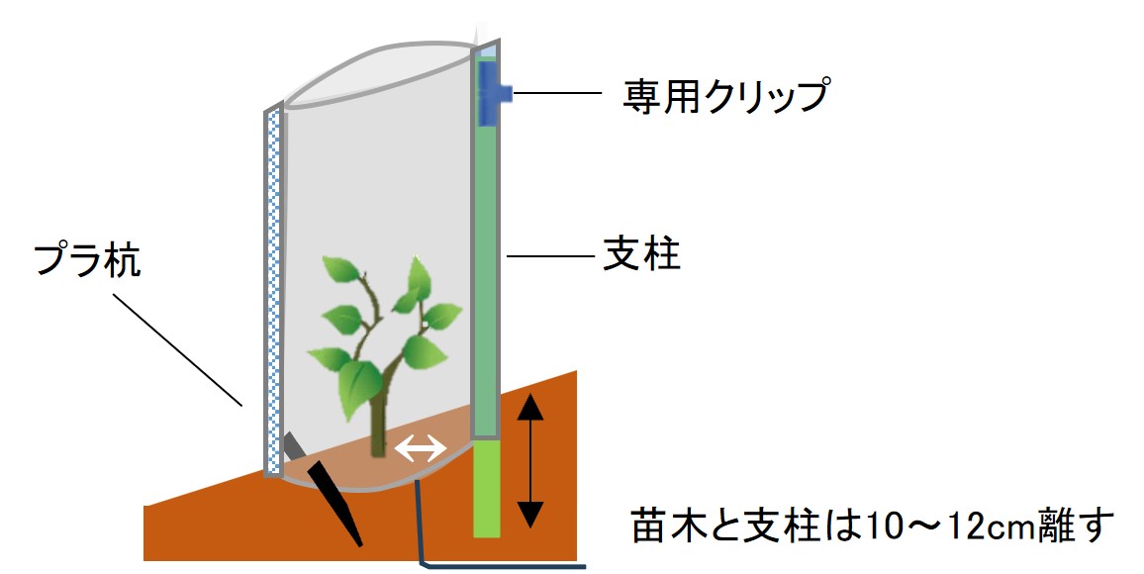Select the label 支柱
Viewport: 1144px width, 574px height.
641,256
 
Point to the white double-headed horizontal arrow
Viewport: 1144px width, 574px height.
421,450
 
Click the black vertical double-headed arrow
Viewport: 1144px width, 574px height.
531,459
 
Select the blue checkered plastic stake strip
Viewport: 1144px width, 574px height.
274,287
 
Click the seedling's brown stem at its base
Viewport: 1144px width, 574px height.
377,435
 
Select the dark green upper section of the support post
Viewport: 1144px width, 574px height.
484,267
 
